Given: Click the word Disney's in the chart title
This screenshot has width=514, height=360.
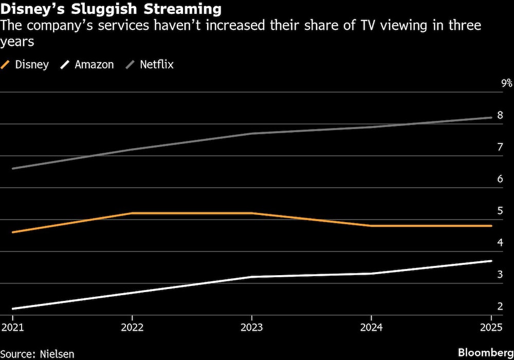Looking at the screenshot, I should pos(34,9).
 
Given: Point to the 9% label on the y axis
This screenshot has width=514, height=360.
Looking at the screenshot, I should pos(507,83).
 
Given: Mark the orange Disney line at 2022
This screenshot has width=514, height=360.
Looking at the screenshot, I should pos(132,213).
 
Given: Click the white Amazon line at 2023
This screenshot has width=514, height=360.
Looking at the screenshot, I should pos(251,277).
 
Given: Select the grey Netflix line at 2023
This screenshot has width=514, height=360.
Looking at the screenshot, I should pos(251,134).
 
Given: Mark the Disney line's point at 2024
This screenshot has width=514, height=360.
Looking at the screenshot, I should pos(371,226).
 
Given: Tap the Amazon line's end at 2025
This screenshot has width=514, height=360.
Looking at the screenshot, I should pos(490,261).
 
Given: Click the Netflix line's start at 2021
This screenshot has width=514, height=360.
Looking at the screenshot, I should pos(12,168).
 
